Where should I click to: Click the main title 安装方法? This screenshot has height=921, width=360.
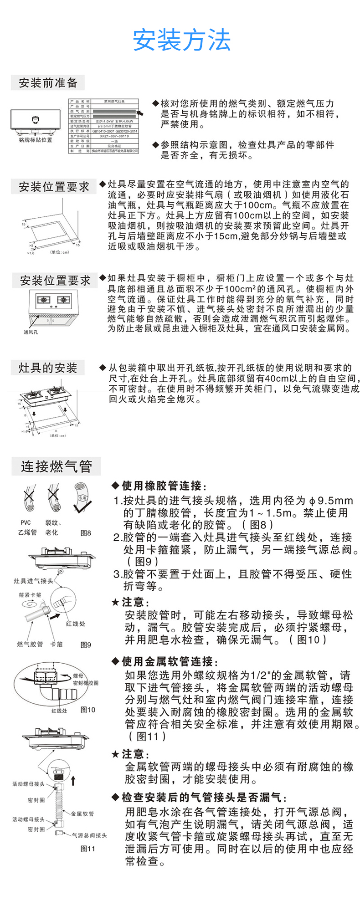(182, 41)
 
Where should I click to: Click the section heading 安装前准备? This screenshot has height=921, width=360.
(48, 83)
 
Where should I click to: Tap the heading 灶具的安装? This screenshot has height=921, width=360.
(48, 368)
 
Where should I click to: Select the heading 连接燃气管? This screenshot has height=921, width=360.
(56, 466)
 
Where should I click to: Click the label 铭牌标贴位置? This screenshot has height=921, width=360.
(36, 140)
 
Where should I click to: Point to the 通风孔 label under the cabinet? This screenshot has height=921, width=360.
(31, 332)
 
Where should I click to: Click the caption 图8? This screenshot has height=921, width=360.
(86, 532)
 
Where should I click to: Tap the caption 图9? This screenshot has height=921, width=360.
(86, 645)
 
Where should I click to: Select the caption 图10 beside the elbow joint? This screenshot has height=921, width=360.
(88, 709)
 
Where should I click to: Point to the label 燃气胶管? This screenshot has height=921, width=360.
(30, 644)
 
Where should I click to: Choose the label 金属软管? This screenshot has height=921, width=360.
(82, 814)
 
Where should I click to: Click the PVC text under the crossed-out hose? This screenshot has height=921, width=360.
(26, 523)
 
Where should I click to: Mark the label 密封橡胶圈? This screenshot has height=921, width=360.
(86, 683)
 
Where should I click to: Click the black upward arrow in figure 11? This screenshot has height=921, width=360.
(73, 781)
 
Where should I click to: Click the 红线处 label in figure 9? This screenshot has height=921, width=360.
(75, 624)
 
